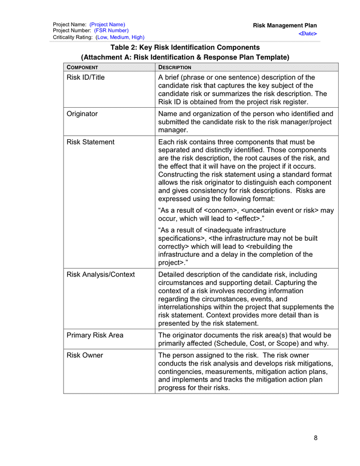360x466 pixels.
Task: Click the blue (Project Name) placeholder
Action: (107, 25)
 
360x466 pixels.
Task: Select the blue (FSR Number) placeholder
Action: (111, 31)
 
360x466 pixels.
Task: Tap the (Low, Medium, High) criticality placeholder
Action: (120, 37)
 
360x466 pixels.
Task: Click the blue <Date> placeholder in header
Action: (308, 34)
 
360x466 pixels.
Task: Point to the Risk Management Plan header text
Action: (284, 25)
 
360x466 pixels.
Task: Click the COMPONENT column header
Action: (82, 67)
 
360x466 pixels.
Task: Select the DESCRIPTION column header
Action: (175, 67)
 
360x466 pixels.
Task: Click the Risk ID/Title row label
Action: (85, 78)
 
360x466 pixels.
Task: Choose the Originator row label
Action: (82, 114)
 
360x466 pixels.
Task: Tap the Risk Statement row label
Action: (91, 142)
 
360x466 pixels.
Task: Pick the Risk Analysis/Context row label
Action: (100, 274)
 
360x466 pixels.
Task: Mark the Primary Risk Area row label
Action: (95, 335)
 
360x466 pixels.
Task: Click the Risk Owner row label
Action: (85, 355)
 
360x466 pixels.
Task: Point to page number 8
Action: (316, 438)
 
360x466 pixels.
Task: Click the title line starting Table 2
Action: (185, 47)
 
